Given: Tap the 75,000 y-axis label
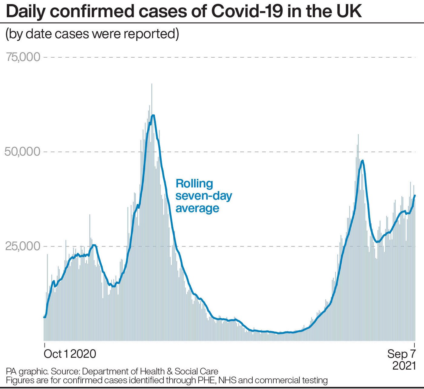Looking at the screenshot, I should [23, 57].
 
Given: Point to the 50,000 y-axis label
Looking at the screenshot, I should [23, 152].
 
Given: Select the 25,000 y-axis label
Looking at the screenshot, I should [23, 246].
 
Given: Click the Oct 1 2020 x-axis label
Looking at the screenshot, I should [70, 354].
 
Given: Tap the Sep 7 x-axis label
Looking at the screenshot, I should [402, 354].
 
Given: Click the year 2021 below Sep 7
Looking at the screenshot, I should [404, 366].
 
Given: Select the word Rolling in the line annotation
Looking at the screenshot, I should [194, 184].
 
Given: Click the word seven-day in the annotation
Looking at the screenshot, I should [204, 196].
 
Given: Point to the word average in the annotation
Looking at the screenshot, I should [197, 208].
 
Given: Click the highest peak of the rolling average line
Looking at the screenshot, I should [153, 116].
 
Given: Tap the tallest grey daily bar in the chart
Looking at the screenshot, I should [152, 84].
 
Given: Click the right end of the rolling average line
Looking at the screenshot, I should [415, 196].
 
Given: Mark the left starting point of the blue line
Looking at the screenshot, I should [44, 317].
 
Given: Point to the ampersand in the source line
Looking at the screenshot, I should [169, 371].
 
